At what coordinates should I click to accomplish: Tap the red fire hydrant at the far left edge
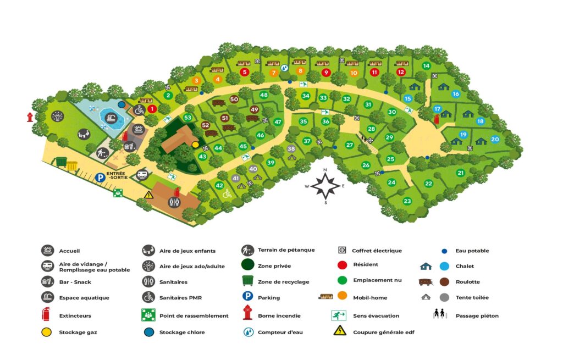click(x=31, y=117)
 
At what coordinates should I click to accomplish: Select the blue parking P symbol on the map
click(x=100, y=178)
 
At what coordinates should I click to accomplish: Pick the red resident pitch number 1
click(x=152, y=109)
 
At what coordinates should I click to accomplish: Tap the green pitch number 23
click(x=407, y=201)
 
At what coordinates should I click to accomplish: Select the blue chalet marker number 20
click(x=495, y=140)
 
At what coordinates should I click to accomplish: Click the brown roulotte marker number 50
click(x=234, y=99)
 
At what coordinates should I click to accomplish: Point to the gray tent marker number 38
click(x=291, y=149)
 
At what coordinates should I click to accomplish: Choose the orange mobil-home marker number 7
click(x=273, y=73)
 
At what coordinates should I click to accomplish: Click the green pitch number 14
click(x=426, y=66)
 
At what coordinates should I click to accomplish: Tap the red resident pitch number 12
click(x=401, y=72)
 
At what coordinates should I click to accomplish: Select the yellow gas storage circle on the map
click(x=195, y=145)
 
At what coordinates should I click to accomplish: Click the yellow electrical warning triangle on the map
click(x=148, y=194)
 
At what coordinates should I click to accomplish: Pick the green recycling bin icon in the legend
click(x=248, y=281)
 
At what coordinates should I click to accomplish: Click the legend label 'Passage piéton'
click(x=477, y=315)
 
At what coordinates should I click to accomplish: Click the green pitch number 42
click(x=219, y=186)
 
